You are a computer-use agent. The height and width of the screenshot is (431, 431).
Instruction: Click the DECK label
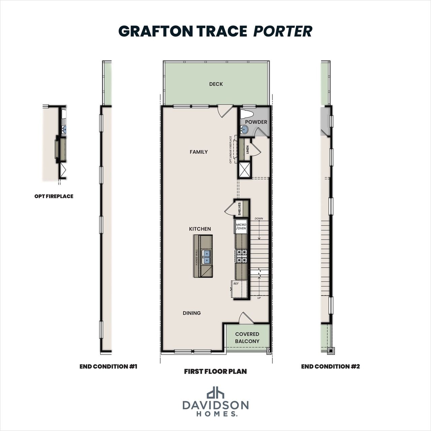216,84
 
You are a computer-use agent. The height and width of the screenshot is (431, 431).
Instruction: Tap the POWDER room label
256,122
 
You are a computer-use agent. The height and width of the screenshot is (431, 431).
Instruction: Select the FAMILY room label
199,152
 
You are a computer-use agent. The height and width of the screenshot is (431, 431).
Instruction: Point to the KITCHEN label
200,229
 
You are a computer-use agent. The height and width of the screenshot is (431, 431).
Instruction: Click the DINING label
192,313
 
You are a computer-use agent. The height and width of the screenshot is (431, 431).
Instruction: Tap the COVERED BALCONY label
247,337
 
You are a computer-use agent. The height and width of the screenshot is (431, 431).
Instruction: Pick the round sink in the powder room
245,129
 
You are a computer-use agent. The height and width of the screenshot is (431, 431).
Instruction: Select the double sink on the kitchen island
206,257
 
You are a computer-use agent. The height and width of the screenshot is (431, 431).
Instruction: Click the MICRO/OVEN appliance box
241,226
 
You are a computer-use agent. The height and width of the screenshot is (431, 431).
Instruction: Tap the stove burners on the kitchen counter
241,256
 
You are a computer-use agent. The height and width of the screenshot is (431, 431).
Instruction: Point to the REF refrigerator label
236,284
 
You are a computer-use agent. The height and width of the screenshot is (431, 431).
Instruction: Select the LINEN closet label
247,150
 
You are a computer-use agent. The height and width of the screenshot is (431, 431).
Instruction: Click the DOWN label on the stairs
259,219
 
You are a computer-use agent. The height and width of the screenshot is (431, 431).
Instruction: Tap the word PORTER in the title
283,31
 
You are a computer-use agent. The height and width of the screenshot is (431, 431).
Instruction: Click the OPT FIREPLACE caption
54,196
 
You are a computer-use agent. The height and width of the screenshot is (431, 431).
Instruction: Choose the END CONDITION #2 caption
330,366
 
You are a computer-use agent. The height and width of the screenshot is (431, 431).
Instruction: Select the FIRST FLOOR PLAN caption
215,371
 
